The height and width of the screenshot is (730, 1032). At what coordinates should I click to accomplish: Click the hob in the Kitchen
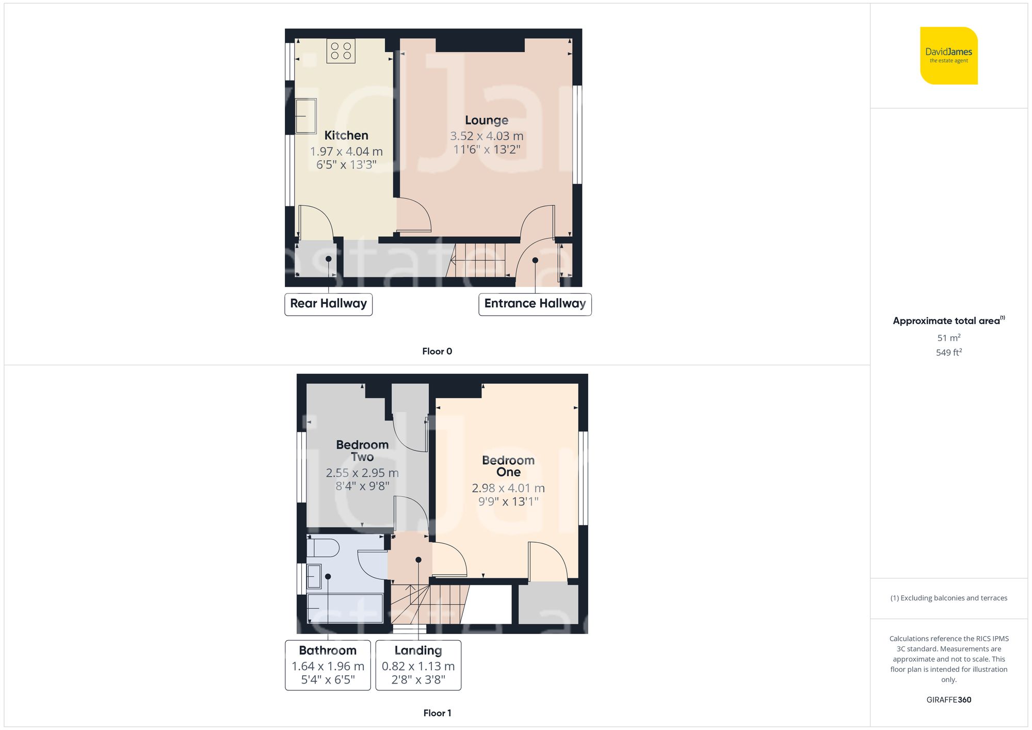[x=341, y=51]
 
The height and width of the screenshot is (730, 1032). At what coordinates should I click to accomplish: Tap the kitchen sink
[x=305, y=116]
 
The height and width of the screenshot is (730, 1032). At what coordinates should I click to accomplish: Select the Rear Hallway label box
[x=328, y=304]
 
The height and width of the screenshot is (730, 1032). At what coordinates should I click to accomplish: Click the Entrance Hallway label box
[x=535, y=304]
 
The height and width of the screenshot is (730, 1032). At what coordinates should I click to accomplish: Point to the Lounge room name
[x=486, y=120]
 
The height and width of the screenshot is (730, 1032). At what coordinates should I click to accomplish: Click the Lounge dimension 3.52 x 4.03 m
[x=486, y=136]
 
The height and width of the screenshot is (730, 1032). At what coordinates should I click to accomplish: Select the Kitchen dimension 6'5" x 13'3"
[x=346, y=165]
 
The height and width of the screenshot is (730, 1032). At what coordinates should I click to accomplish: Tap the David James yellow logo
[x=948, y=56]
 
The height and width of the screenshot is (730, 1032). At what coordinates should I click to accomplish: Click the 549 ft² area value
[x=948, y=352]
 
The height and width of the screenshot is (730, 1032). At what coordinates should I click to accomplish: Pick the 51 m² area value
[x=948, y=338]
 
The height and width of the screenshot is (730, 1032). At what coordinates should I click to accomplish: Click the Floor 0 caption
[x=437, y=351]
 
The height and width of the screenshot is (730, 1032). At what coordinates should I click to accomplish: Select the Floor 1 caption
[x=437, y=713]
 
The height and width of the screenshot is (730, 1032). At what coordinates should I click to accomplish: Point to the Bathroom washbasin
[x=314, y=576]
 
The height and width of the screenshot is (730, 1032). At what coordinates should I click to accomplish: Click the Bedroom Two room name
[x=362, y=450]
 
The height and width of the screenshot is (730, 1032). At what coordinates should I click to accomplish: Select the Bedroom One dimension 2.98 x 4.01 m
[x=508, y=488]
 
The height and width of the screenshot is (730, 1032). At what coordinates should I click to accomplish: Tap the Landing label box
[x=418, y=665]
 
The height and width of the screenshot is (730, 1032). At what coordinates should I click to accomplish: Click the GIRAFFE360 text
[x=948, y=700]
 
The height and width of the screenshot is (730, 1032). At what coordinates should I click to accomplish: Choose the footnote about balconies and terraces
[x=948, y=598]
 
